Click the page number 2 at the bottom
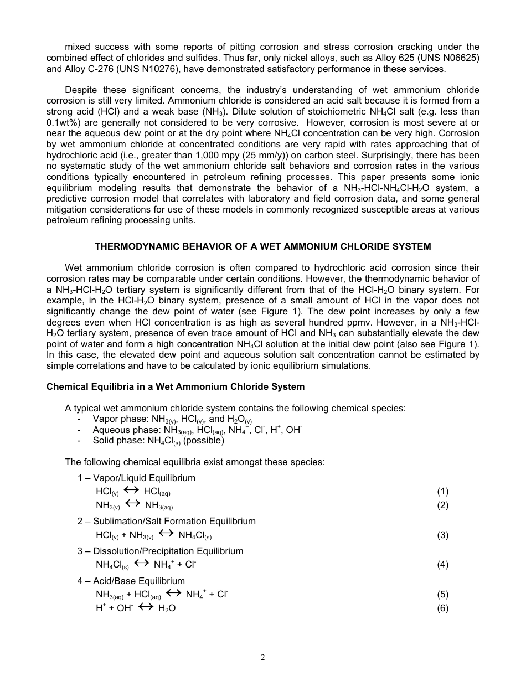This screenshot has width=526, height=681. point(263,657)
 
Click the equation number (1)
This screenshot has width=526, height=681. point(442,491)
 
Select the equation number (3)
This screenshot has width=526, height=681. point(442,535)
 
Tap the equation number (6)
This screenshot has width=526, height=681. point(442,608)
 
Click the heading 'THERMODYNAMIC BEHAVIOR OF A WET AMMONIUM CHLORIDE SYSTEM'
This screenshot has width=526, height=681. point(263,246)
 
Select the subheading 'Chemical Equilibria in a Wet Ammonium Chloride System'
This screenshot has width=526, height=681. point(176,386)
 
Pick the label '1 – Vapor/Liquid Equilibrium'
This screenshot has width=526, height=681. point(136,478)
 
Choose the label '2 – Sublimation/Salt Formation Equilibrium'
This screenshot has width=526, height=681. point(166,521)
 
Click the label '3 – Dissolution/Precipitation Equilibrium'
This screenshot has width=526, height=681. point(160,551)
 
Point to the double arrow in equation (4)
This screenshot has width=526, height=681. point(141,564)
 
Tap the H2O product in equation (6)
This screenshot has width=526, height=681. point(167,608)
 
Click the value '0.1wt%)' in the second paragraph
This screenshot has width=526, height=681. point(63,123)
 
